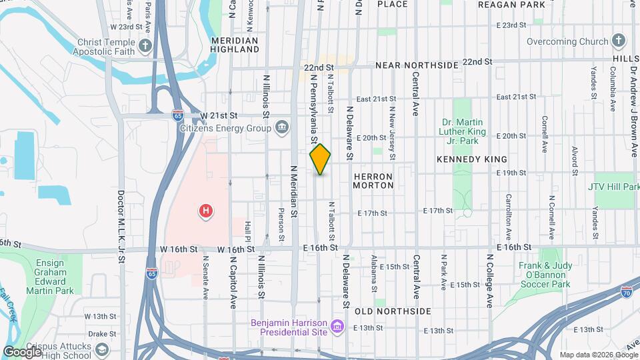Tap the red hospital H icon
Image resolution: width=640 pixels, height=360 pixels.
[207, 212]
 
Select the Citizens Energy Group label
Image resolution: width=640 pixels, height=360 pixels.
[227, 127]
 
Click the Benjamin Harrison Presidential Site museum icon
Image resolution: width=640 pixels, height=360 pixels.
[337, 326]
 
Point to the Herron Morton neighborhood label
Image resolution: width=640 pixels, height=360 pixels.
[373, 181]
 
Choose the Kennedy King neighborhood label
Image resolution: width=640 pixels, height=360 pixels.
[471, 159]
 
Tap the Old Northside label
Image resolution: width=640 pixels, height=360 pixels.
[393, 311]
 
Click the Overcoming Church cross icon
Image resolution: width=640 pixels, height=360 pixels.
[617, 41]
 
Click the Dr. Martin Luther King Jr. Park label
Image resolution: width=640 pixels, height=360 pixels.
[469, 131]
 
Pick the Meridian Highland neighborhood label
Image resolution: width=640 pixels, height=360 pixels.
[234, 45]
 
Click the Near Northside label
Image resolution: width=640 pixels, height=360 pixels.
[417, 65]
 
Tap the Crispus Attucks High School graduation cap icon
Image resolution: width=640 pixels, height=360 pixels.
[102, 349]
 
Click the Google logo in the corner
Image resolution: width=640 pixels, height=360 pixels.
[22, 351]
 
